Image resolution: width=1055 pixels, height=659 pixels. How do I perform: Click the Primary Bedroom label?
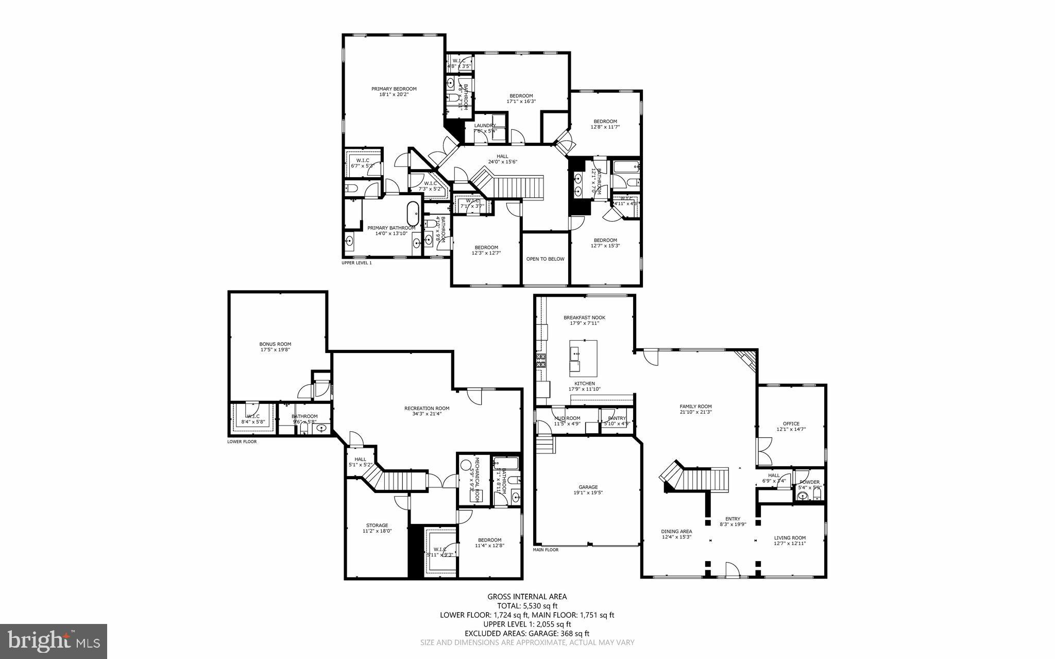pos(394,89)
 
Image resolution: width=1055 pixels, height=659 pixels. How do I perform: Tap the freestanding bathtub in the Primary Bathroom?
pos(413,215)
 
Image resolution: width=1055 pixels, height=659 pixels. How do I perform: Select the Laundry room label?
pos(485,125)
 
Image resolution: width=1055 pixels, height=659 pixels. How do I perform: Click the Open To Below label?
pos(545,259)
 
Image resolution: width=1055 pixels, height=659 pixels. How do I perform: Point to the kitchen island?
pos(583,358)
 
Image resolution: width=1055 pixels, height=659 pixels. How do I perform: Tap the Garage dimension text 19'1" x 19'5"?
pos(588,493)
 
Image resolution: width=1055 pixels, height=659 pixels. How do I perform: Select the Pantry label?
pos(617,418)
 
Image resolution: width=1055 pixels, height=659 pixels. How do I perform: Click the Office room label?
pos(791,424)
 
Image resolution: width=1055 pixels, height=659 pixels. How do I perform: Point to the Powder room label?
pos(809,482)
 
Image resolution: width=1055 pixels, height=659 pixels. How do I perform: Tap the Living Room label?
pos(790,537)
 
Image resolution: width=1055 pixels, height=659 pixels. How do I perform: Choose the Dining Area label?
pos(676,531)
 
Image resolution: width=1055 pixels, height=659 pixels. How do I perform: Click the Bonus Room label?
pos(275,344)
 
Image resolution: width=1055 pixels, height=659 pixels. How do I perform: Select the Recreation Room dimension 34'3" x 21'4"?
pos(427,413)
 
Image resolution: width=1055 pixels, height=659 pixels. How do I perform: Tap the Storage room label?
pos(377,525)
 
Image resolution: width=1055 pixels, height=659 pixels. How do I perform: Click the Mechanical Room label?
pos(477,479)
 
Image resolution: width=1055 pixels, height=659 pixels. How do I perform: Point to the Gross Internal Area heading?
pos(527,596)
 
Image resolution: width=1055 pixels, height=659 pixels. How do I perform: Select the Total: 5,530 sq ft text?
pos(527,605)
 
